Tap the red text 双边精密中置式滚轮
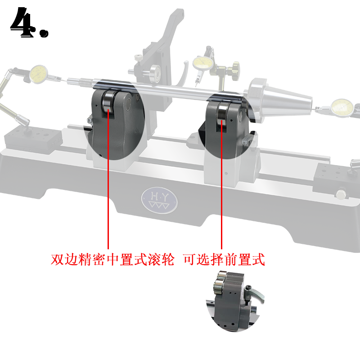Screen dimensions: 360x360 112,260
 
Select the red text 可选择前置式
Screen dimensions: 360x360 224,260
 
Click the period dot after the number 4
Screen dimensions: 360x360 44,33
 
